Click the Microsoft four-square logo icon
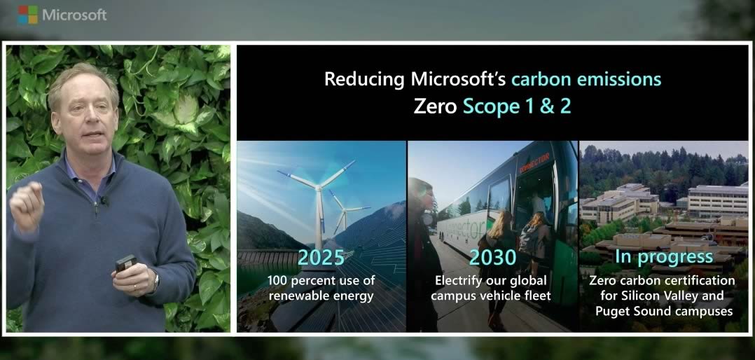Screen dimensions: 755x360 [27, 15]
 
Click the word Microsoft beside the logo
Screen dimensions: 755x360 [75, 15]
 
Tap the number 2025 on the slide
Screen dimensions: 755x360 [321, 258]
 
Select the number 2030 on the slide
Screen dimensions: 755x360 [492, 258]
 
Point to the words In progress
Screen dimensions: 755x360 [664, 257]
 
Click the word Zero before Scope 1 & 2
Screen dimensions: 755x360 [435, 106]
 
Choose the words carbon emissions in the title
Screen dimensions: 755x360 [586, 79]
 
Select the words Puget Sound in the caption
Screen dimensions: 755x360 [628, 312]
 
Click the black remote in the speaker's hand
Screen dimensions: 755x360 [125, 263]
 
